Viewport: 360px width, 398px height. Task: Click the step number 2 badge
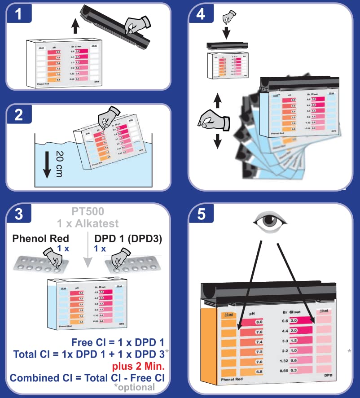18,114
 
